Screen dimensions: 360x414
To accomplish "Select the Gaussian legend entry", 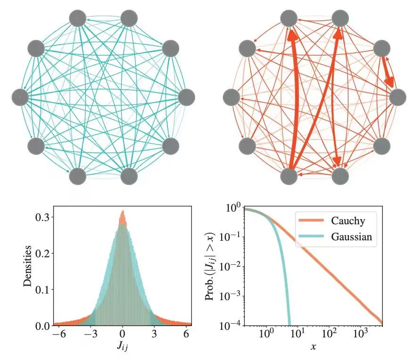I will (348, 237).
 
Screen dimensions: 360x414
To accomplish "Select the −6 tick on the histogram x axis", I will (56, 334).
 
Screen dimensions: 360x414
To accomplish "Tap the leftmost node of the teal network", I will (20, 97).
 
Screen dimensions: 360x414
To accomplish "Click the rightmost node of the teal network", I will (187, 97).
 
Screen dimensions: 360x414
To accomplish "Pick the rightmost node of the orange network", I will (397, 97).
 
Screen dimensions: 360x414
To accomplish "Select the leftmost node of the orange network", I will (231, 97).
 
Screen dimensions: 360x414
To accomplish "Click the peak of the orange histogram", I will (123, 212).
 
